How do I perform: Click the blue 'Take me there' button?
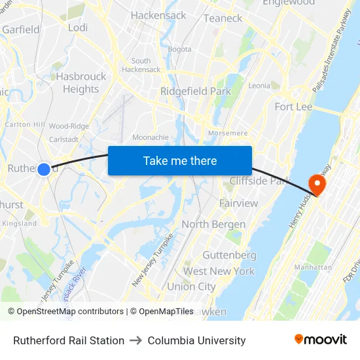coord(180,160)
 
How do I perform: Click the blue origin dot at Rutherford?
coord(44,170)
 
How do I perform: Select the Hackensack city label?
coord(158,15)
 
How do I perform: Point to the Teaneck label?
coord(223,18)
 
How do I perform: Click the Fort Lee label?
coord(293,107)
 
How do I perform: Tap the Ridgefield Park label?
coord(196,92)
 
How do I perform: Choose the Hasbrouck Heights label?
coord(81,82)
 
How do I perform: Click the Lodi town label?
coord(78,27)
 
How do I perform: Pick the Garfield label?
coord(21,29)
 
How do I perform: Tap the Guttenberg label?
coord(229,255)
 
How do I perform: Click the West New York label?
coord(219,271)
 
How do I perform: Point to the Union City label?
coord(191,287)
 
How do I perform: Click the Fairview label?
coord(239,204)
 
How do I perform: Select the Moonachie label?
coord(151,137)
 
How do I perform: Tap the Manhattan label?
coord(313,267)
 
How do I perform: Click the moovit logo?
coord(321,340)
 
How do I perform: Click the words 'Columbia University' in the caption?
coord(196,340)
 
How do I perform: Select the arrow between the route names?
coord(136,340)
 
